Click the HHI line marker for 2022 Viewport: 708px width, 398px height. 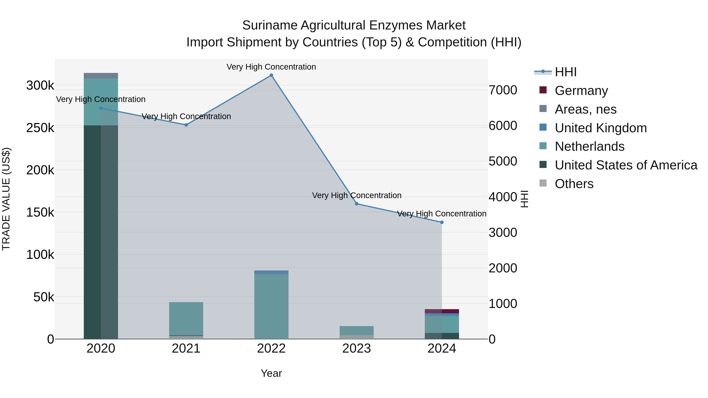271,75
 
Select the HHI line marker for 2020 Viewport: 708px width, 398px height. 101,108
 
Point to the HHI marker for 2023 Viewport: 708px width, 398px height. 357,204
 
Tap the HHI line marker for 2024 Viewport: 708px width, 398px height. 442,222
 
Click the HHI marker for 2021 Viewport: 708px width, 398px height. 186,125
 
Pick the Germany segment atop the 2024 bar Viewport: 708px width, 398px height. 442,311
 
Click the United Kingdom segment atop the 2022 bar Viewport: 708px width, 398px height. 271,272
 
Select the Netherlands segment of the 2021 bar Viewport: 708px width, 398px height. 186,319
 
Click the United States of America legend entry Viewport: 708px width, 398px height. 626,165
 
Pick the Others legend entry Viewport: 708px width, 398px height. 574,184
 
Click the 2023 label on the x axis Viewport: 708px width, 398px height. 357,348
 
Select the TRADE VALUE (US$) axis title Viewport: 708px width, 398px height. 6,199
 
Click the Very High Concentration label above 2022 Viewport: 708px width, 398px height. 271,67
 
